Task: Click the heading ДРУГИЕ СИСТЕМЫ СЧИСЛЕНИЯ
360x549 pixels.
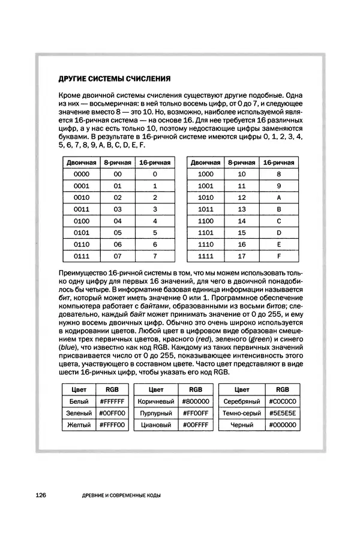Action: click(x=114, y=78)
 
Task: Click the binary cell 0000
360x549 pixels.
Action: click(x=81, y=174)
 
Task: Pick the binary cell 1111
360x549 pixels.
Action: click(x=205, y=256)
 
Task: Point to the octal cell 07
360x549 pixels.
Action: click(x=118, y=256)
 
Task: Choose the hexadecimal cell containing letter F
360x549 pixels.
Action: click(x=279, y=256)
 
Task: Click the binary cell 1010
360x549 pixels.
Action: click(x=205, y=197)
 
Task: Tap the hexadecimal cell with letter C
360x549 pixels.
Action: click(x=279, y=221)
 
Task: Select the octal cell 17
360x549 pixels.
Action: click(x=242, y=256)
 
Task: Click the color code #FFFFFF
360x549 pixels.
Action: click(x=112, y=401)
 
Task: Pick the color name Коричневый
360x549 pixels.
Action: click(x=155, y=401)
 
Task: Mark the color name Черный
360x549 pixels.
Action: click(x=241, y=425)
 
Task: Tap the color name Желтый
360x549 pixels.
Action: click(x=79, y=425)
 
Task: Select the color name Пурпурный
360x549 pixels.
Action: click(x=155, y=413)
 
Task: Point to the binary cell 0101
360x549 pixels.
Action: click(x=81, y=233)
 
